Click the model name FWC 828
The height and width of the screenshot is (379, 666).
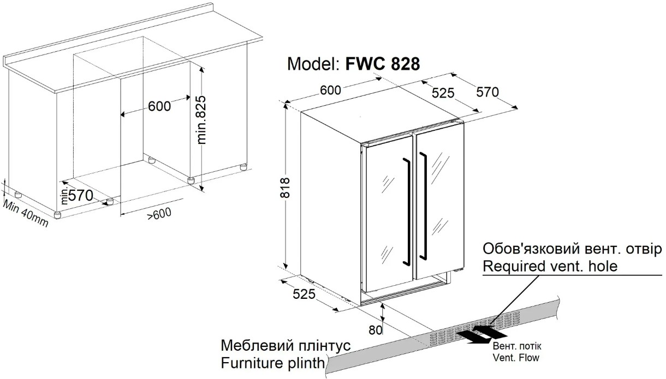pyautogui.click(x=383, y=64)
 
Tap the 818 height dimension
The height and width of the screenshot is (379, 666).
pyautogui.click(x=293, y=188)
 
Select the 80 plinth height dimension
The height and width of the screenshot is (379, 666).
pyautogui.click(x=375, y=329)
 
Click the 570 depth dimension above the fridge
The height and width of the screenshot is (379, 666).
pyautogui.click(x=487, y=92)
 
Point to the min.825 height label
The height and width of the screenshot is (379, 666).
pyautogui.click(x=202, y=119)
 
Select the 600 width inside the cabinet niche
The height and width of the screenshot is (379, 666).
pyautogui.click(x=159, y=106)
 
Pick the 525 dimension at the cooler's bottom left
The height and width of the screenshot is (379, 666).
pyautogui.click(x=304, y=294)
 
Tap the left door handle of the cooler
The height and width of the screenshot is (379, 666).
pyautogui.click(x=407, y=210)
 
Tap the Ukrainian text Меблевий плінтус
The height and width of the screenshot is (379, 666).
pyautogui.click(x=286, y=346)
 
